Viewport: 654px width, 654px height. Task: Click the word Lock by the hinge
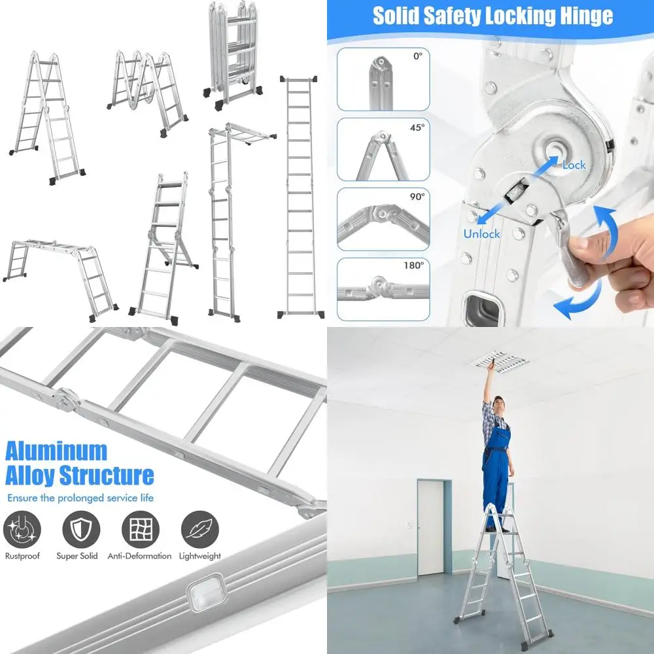[574, 165]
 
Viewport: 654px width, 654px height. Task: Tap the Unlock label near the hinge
[481, 233]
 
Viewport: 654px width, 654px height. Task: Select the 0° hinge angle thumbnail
[383, 79]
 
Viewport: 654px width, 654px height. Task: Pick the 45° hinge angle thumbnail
[383, 149]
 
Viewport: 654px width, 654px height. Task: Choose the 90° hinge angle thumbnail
[383, 219]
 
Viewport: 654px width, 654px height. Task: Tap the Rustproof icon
[22, 529]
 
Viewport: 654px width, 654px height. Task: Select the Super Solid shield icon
[81, 529]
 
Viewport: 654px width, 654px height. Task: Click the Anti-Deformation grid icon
[140, 529]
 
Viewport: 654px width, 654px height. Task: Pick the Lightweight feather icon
[200, 529]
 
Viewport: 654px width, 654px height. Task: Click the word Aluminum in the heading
[56, 451]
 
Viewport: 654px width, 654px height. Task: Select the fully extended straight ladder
[301, 196]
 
